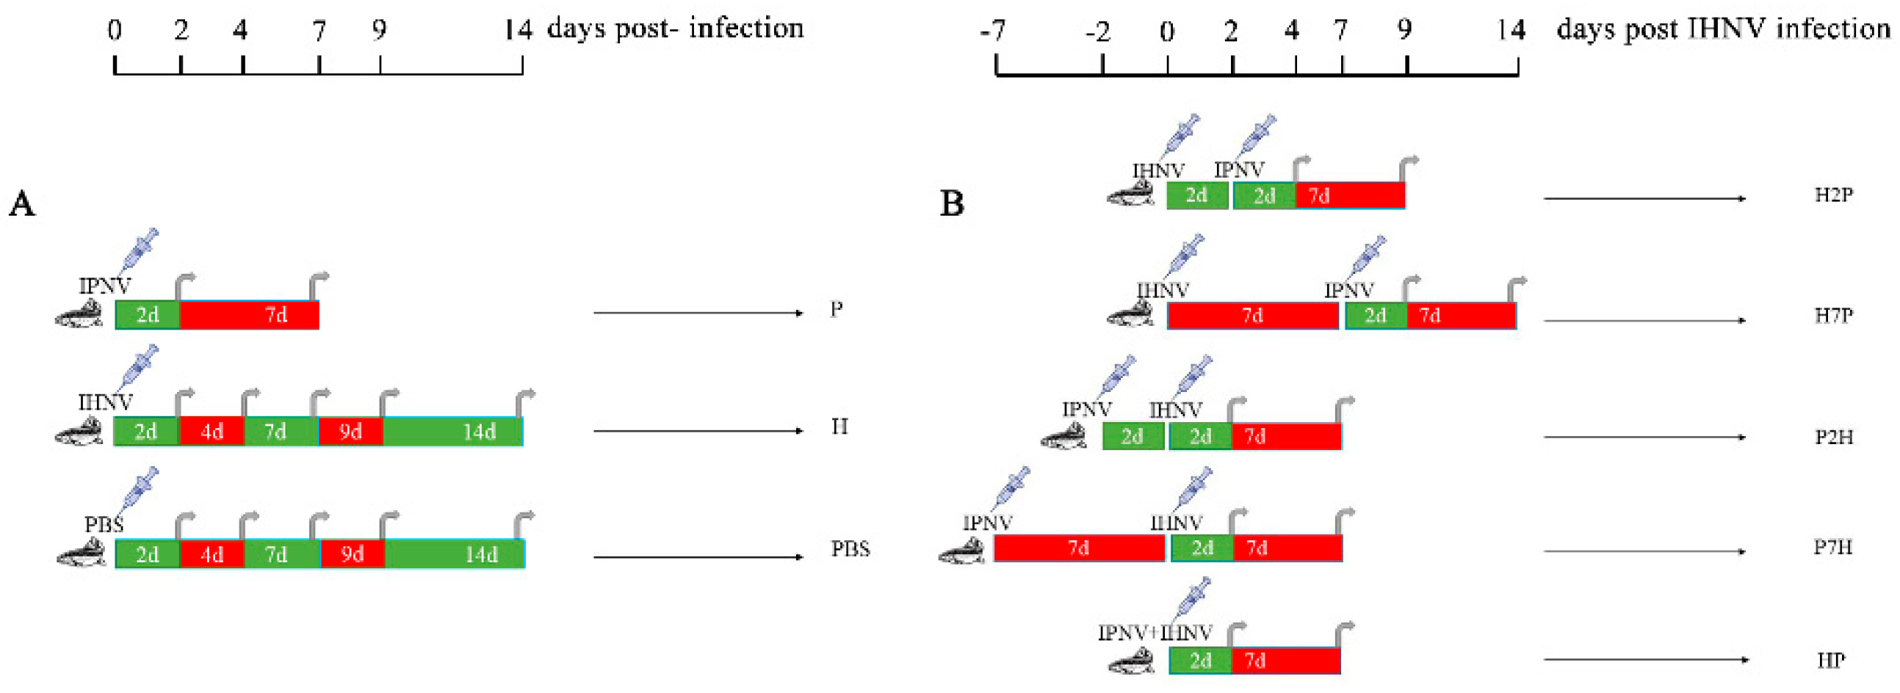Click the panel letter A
coord(21,203)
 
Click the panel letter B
coord(952,203)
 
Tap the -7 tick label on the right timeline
coord(993,31)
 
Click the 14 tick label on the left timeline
coord(518,29)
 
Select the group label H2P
coord(1834,195)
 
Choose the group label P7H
coord(1833,548)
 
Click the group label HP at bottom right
coord(1832,660)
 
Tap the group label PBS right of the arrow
coord(850,549)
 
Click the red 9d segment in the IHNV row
coord(351,431)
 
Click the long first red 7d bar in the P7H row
coord(1078,548)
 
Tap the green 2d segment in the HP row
coord(1200,661)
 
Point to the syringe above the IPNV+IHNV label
coord(1194,598)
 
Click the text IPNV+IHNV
coord(1155,634)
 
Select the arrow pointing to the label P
coord(698,313)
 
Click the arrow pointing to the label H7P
coord(1645,321)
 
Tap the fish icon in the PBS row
coord(80,553)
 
